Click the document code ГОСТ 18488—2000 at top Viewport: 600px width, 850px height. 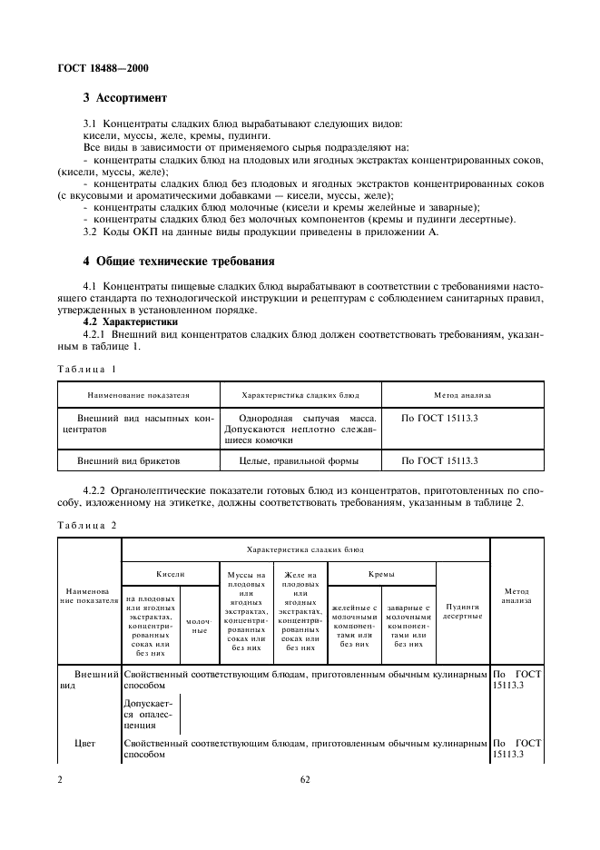click(104, 68)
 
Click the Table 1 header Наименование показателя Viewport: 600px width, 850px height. click(138, 395)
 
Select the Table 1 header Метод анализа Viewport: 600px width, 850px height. click(462, 395)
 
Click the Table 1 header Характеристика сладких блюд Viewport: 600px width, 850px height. click(300, 395)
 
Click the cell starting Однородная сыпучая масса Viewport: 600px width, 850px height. click(300, 429)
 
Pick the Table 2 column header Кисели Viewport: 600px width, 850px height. click(170, 574)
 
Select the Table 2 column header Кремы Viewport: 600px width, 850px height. click(380, 574)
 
